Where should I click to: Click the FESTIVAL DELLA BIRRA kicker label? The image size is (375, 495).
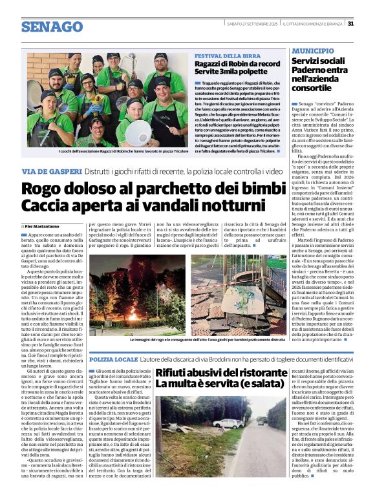(x=223, y=56)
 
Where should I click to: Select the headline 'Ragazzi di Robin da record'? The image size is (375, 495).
(x=238, y=65)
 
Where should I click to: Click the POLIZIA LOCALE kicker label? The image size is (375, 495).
(x=114, y=359)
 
